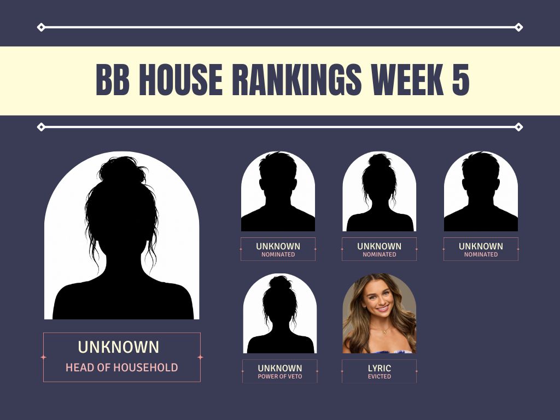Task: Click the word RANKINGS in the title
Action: [297, 80]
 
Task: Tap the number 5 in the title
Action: [460, 80]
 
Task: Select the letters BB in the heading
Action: [113, 80]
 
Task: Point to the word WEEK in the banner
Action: [407, 80]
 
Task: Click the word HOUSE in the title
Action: [180, 80]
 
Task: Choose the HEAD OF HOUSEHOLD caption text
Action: [122, 367]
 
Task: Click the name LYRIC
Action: [380, 368]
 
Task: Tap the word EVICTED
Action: [380, 376]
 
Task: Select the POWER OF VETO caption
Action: [279, 376]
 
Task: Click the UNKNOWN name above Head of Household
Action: [118, 347]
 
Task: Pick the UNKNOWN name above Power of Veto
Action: [279, 368]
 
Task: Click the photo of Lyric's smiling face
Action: [380, 313]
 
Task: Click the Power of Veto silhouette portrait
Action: [279, 313]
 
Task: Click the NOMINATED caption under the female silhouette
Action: [380, 254]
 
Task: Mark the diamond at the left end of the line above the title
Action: [41, 27]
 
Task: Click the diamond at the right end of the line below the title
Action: [519, 127]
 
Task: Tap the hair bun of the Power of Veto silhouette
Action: [281, 283]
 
